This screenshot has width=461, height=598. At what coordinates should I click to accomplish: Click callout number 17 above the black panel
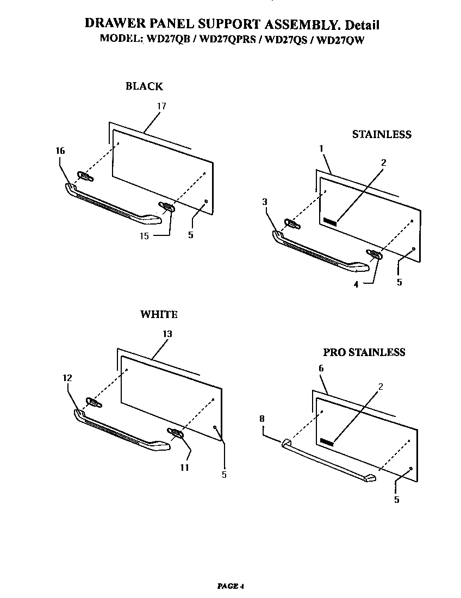point(161,106)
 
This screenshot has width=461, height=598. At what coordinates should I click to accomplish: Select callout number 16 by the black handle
point(60,151)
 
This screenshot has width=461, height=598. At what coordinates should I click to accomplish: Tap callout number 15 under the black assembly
point(144,235)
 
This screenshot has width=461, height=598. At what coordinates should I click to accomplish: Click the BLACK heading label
point(144,86)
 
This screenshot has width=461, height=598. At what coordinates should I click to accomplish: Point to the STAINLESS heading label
point(382,134)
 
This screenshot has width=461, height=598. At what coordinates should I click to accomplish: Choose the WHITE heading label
point(159,314)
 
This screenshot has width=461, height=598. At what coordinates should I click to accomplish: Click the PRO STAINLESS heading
point(364,352)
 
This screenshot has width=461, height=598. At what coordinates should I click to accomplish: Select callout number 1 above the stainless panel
point(322,148)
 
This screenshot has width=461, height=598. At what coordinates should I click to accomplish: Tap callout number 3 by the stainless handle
point(264,202)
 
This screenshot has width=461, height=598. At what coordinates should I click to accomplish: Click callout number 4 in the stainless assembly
point(356,284)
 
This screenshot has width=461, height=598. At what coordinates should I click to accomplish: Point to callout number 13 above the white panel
point(167,334)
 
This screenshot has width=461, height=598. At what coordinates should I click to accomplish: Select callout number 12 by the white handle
point(67,378)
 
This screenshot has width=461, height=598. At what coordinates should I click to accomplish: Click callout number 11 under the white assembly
point(185,467)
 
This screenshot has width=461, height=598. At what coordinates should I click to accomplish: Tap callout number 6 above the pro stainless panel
point(321,368)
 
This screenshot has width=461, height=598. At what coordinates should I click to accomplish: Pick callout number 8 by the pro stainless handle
point(262,419)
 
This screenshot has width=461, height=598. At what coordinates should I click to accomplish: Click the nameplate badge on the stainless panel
point(330,222)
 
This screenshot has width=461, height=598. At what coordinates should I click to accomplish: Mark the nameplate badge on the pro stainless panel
point(327,442)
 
